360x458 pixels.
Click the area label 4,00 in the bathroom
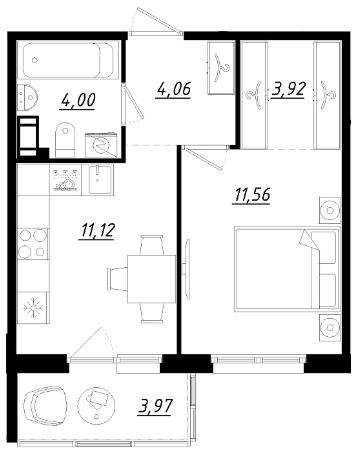coord(78,101)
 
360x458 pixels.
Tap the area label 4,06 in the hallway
coord(173,90)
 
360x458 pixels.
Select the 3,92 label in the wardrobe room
coord(289,90)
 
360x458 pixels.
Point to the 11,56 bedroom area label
coord(252,195)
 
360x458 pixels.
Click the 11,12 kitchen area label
coord(97,231)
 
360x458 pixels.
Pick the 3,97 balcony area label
coord(155,407)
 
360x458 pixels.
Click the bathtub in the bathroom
coord(71,61)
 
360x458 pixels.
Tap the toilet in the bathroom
coord(65,140)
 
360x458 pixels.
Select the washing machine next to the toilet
coord(102,145)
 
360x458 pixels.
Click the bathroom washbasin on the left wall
coord(27,98)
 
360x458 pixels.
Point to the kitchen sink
coord(101,179)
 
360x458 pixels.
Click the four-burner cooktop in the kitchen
coord(33,244)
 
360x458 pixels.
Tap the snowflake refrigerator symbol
coord(33,307)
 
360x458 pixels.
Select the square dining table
coord(152,279)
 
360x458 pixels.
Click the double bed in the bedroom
coord(287,269)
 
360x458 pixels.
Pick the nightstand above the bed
coord(330,210)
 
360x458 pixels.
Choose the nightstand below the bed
coord(330,328)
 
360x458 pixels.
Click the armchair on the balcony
coord(45,406)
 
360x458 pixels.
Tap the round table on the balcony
coord(96,405)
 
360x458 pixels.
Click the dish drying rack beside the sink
coord(66,180)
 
